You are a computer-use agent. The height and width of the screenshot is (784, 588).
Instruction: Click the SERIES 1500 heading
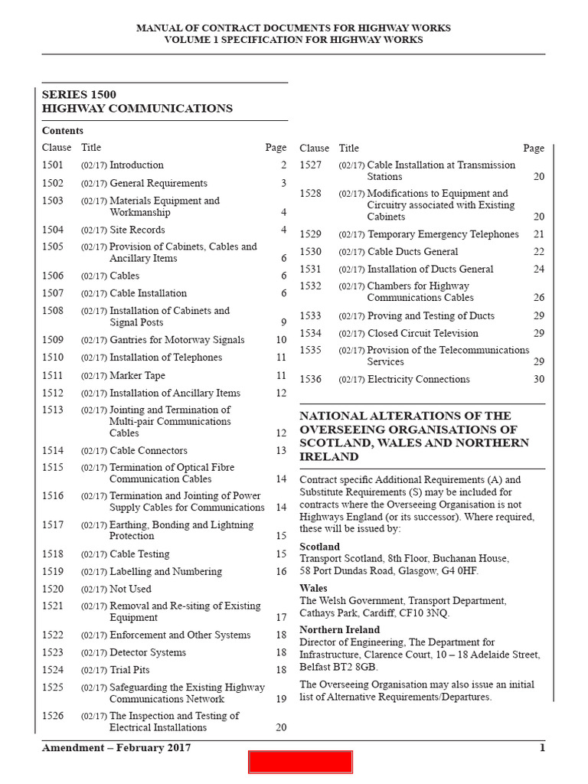tap(79, 94)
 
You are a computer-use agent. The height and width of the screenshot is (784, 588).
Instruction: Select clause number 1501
tap(53, 165)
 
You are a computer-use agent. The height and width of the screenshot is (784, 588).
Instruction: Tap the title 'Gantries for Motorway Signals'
tap(177, 340)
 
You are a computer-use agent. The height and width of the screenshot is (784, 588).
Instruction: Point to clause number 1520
tap(53, 589)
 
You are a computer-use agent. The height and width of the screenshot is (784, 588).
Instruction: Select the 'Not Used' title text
tap(130, 589)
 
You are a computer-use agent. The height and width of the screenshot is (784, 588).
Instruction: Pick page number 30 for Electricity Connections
tap(539, 379)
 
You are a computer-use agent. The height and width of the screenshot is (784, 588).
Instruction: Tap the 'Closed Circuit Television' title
tap(422, 333)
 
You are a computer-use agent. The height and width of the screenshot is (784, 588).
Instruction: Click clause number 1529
tap(310, 234)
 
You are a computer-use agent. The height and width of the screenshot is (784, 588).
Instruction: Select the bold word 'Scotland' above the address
tap(319, 547)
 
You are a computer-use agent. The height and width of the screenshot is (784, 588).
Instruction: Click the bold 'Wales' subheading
tap(313, 589)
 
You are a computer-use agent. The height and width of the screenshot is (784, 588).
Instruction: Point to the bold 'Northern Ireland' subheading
tap(339, 629)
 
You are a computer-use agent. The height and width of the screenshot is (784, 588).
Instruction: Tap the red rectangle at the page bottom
tap(300, 762)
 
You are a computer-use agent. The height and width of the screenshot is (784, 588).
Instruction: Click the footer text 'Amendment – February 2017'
tap(116, 748)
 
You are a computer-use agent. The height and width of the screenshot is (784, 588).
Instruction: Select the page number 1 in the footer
tap(542, 748)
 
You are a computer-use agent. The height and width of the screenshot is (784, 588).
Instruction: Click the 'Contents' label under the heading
tap(63, 131)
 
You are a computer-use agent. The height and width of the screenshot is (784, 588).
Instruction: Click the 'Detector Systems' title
tap(147, 652)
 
